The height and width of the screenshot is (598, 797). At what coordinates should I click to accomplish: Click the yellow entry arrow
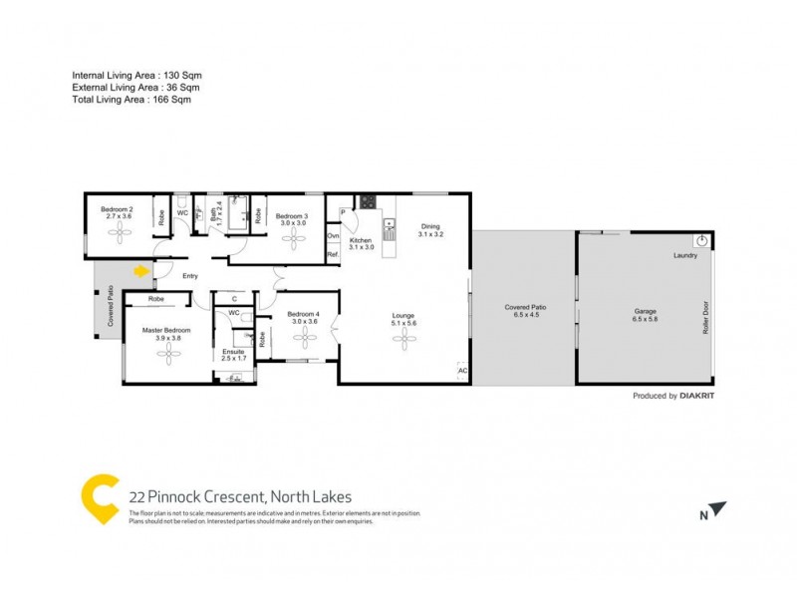tap(141, 269)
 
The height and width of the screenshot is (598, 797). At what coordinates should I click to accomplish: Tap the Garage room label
tap(646, 310)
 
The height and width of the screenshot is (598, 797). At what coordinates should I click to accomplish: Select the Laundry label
tap(684, 256)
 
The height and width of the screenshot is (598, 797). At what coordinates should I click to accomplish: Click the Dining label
tap(430, 226)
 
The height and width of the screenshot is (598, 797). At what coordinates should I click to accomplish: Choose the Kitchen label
tap(361, 240)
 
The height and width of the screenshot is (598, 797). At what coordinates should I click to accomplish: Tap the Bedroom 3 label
tap(292, 216)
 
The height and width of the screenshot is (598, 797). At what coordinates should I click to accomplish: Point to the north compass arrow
tap(717, 509)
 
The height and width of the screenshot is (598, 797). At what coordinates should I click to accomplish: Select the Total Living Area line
tap(132, 100)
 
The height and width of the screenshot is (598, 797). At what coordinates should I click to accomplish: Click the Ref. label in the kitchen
tap(333, 255)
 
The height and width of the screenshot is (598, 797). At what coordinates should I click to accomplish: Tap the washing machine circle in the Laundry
tap(703, 241)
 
